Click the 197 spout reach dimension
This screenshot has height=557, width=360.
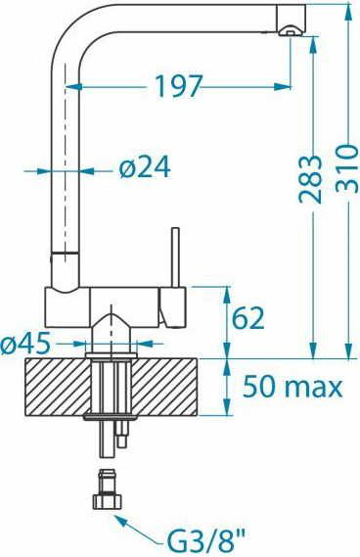pyautogui.click(x=179, y=86)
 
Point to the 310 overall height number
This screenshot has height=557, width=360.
pyautogui.click(x=347, y=168)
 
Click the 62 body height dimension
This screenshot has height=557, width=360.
pyautogui.click(x=248, y=317)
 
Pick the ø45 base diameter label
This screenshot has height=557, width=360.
pyautogui.click(x=24, y=344)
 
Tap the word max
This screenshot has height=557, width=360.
pyautogui.click(x=313, y=389)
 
